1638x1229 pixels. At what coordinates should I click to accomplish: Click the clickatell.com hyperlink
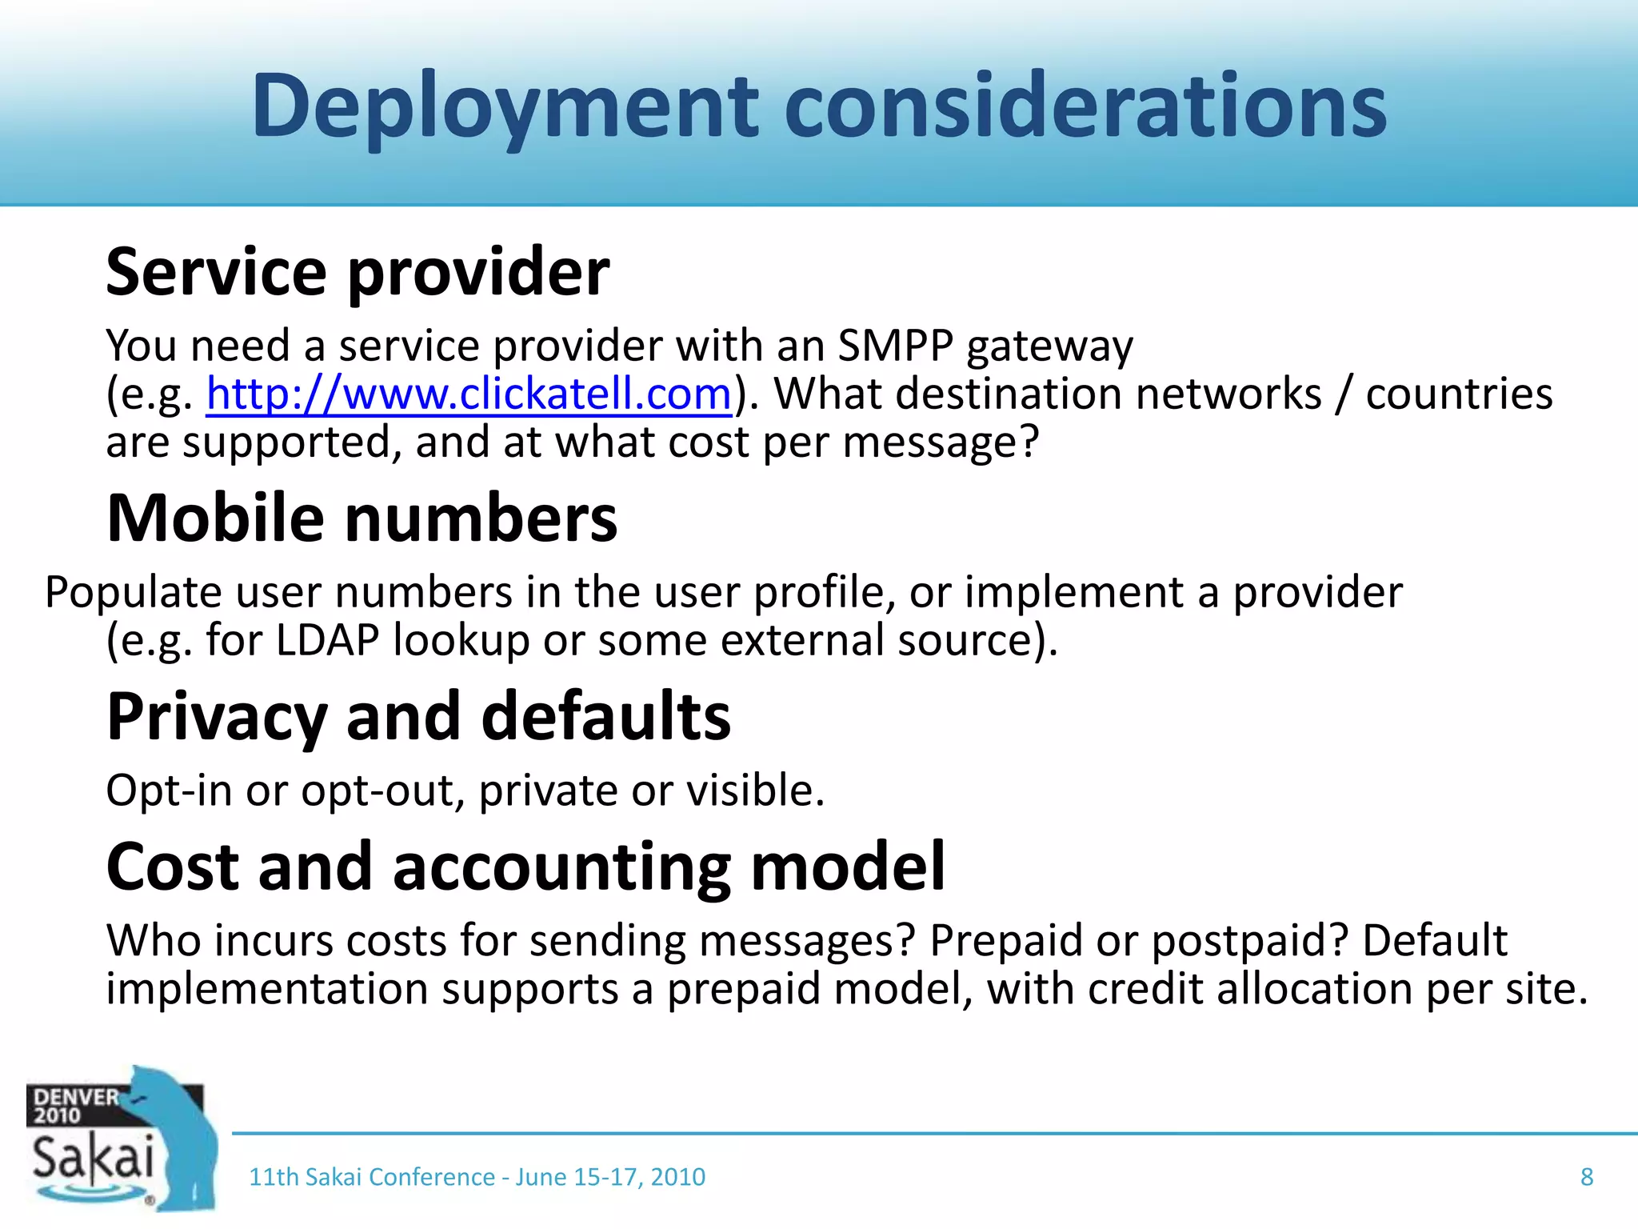coord(469,394)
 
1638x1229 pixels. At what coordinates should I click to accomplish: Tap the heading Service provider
coord(358,272)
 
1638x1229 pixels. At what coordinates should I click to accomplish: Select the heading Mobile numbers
coord(362,518)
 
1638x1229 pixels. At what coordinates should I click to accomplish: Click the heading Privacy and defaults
coord(418,716)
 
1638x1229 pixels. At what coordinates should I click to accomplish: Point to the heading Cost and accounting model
coord(525,867)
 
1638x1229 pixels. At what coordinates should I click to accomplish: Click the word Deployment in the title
coord(505,106)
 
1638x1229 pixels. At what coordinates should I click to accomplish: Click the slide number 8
coord(1587,1177)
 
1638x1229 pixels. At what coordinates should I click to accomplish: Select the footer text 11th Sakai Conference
coord(372,1177)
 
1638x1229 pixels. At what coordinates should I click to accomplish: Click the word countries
coord(1459,394)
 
